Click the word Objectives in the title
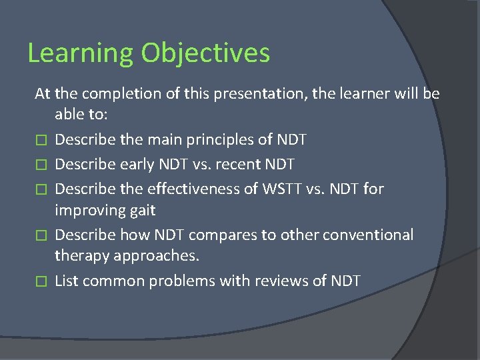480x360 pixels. (x=200, y=53)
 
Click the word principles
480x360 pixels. (x=219, y=139)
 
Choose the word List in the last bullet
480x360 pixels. (x=66, y=281)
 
